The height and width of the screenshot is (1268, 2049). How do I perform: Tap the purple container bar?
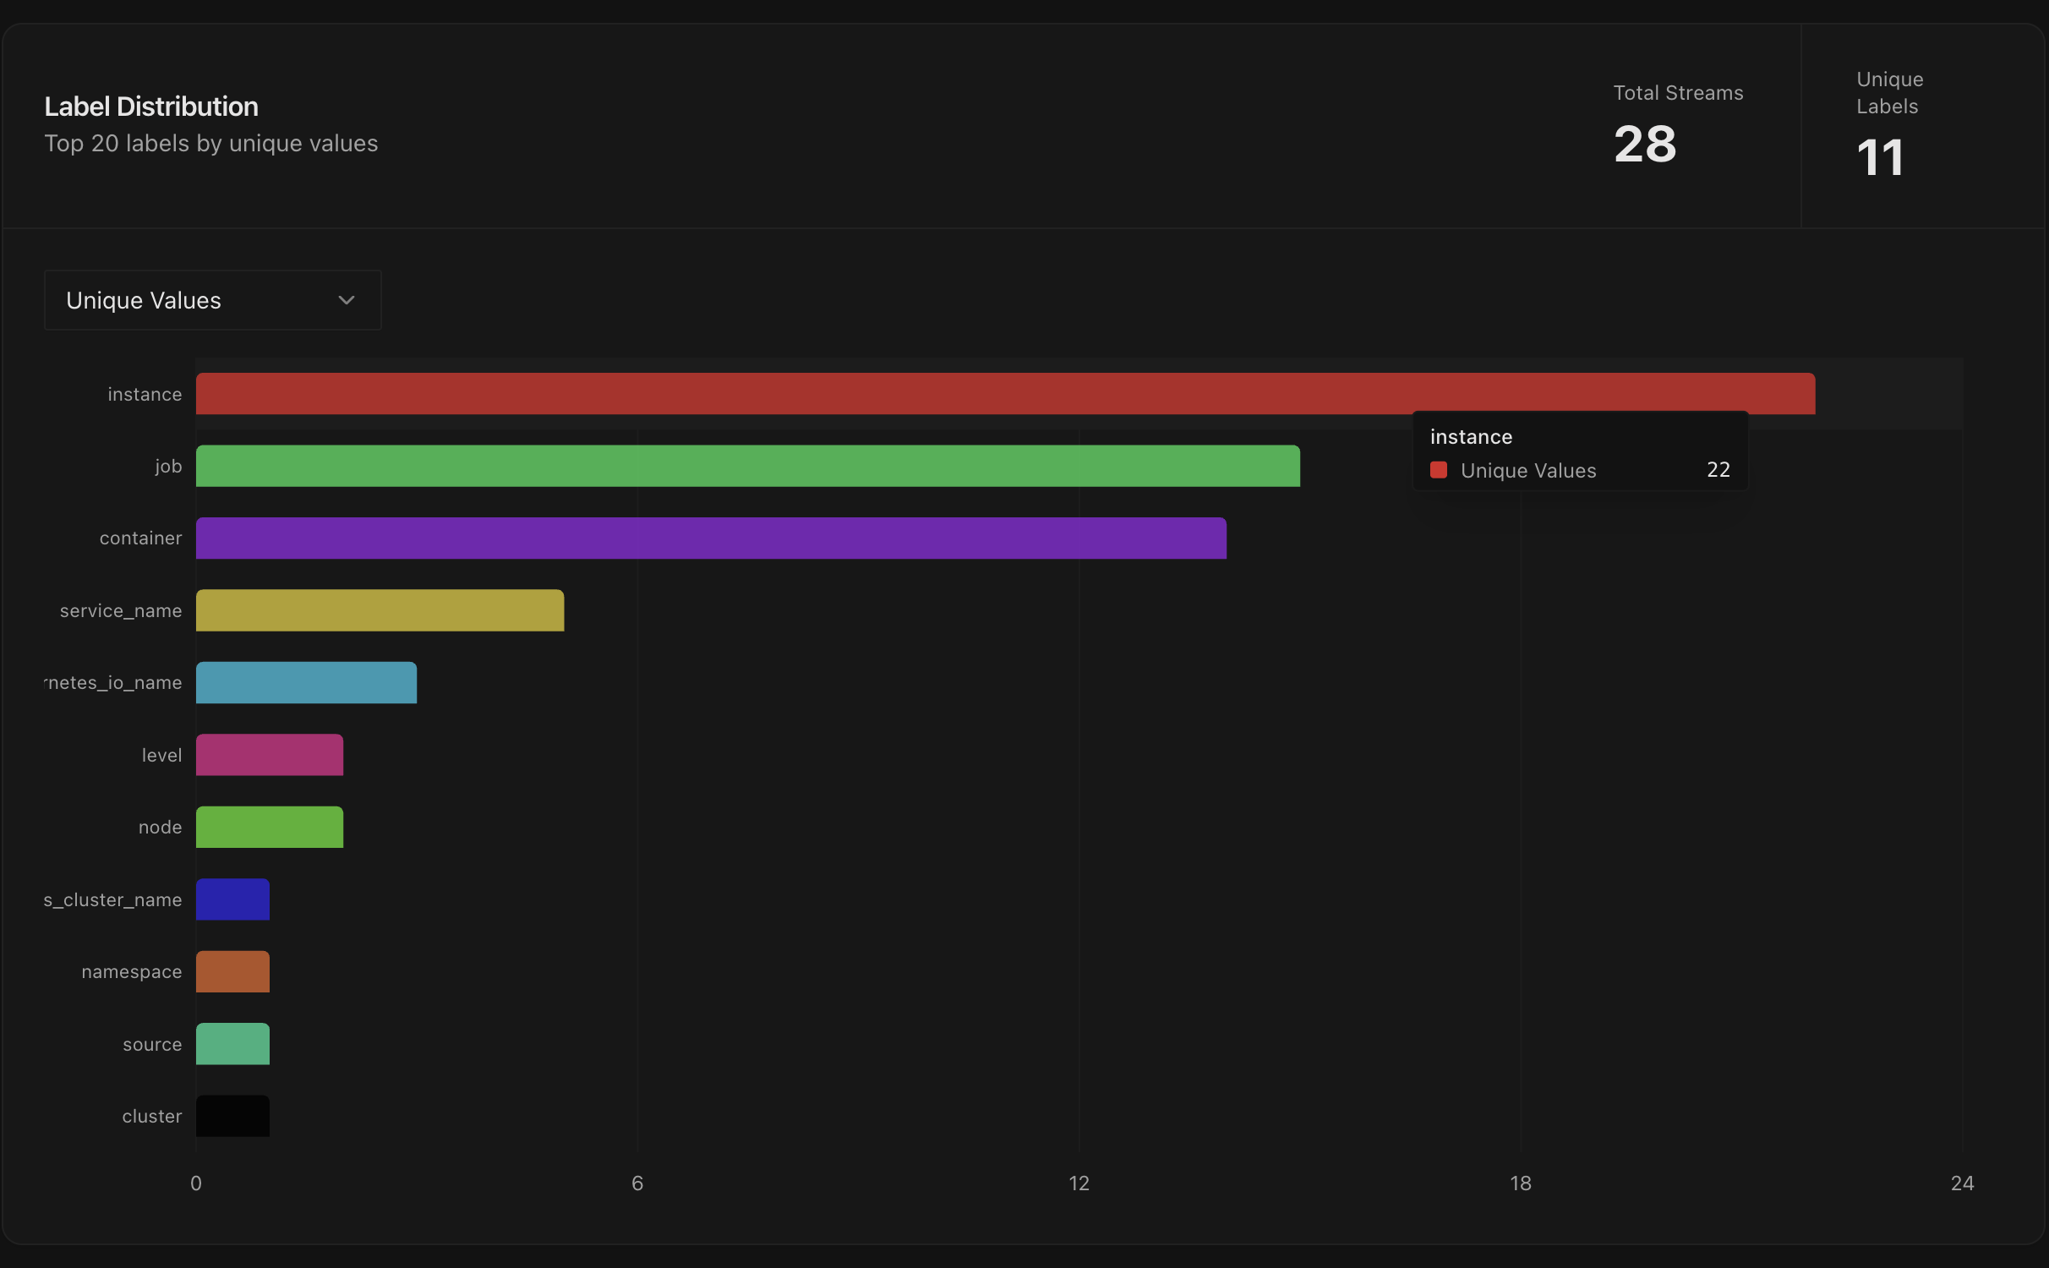click(710, 538)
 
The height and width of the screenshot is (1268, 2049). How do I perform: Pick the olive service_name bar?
click(380, 610)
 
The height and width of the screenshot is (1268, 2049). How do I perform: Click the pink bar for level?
click(269, 755)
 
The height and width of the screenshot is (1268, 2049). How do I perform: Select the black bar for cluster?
click(232, 1116)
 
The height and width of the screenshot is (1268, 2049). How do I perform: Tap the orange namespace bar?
click(232, 971)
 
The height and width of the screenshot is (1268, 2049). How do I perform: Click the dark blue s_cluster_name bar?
click(232, 899)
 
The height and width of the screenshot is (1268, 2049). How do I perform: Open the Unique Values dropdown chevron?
click(347, 300)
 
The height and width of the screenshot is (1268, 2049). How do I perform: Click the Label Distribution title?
click(151, 107)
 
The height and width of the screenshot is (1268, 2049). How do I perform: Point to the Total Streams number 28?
click(1644, 144)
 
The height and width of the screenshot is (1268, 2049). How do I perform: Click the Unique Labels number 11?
click(1880, 158)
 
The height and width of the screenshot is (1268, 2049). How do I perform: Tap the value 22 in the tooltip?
click(1718, 470)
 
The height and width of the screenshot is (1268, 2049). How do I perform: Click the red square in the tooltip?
click(1439, 470)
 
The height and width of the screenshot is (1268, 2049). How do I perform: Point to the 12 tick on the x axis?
click(1079, 1183)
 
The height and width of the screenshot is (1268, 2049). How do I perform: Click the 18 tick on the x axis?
click(1520, 1183)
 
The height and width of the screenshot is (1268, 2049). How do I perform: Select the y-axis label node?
click(160, 828)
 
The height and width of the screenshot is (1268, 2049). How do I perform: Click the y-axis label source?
click(152, 1044)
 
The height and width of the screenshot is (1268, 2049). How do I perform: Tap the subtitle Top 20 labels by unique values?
click(210, 144)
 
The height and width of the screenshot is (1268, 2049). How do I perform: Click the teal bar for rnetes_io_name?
click(306, 682)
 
